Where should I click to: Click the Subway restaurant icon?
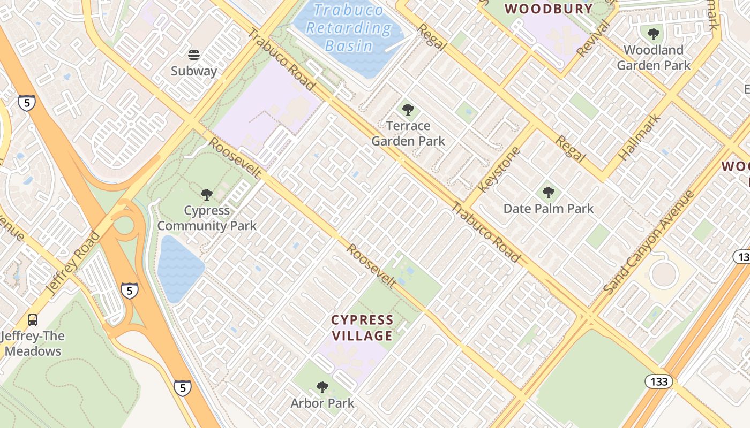[x=194, y=55]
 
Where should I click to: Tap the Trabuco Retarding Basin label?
[x=349, y=28]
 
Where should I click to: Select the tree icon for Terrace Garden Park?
[x=408, y=110]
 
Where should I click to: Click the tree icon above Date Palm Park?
[x=548, y=193]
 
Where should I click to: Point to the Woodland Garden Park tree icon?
[x=653, y=35]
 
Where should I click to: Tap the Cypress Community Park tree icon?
[x=207, y=195]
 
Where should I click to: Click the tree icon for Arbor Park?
[x=322, y=387]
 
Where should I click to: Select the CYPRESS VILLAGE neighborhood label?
[x=362, y=328]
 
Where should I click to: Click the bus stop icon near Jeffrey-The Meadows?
[x=33, y=320]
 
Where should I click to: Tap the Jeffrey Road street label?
[x=73, y=263]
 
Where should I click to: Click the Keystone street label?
[x=499, y=170]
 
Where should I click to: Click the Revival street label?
[x=594, y=39]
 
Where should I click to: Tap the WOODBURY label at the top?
[x=549, y=9]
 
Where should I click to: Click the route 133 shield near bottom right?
[x=658, y=382]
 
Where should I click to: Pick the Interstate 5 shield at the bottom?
[x=182, y=388]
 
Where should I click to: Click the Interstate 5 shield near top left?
[x=27, y=102]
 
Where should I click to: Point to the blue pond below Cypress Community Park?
[x=180, y=268]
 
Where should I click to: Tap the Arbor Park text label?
[x=322, y=403]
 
